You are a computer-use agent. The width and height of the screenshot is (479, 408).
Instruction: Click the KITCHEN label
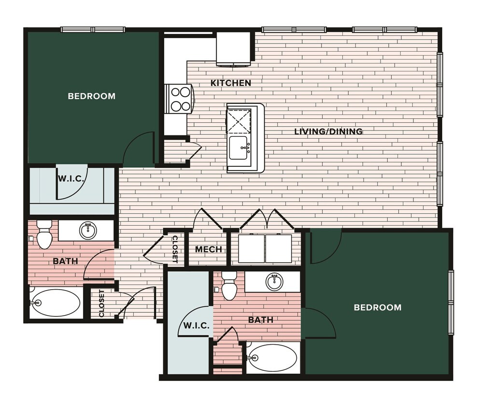click(x=231, y=83)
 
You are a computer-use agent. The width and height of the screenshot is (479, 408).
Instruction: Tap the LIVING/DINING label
click(x=328, y=131)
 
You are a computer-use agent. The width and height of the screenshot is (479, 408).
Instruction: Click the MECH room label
click(x=209, y=249)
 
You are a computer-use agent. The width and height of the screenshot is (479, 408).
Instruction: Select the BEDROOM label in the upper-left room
click(x=92, y=96)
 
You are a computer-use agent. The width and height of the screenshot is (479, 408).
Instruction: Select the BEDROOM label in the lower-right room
click(x=378, y=307)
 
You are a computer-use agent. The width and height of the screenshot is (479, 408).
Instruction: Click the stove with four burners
click(x=179, y=99)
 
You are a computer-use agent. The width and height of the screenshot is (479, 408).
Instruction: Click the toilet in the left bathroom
click(x=44, y=234)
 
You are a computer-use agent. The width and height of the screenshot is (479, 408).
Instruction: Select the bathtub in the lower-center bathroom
click(x=273, y=358)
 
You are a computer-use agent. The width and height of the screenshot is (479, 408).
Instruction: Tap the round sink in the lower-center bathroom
click(x=275, y=281)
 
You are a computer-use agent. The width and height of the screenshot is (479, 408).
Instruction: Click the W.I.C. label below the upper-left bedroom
click(x=71, y=178)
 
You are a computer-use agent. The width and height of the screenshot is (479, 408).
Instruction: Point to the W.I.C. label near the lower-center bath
click(x=196, y=326)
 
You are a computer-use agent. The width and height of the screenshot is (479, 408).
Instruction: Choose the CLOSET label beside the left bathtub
click(x=101, y=304)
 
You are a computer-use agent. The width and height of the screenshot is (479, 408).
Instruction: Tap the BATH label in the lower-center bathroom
click(x=261, y=320)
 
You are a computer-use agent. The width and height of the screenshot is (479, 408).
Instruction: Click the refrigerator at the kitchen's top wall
click(x=233, y=49)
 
